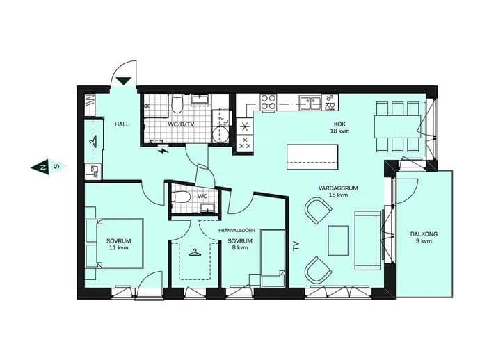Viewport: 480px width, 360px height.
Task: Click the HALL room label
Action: point(122,124)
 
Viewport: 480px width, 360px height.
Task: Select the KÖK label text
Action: point(339,124)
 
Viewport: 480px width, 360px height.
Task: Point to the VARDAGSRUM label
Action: point(338,188)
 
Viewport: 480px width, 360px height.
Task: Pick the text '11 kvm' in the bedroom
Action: point(119,247)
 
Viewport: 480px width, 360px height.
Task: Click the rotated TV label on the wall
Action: point(296,246)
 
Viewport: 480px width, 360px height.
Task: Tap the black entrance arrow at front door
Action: point(124,81)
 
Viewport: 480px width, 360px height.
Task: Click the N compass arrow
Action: point(40,167)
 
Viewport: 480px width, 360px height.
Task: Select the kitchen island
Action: point(312,157)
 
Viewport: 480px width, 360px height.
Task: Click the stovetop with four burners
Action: point(268,102)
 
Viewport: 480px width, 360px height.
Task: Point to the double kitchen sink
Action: point(310,102)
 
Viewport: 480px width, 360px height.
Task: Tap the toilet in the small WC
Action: point(181,197)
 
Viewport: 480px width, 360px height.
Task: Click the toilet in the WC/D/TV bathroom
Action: point(177,103)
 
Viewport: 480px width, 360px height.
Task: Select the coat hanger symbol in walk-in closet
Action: point(194,253)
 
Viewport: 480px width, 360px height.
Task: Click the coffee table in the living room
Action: point(338,240)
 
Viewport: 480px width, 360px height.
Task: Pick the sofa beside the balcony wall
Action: point(367,240)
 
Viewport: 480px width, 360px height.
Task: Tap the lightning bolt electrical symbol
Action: point(163,151)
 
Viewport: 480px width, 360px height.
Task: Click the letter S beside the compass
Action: point(56,167)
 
